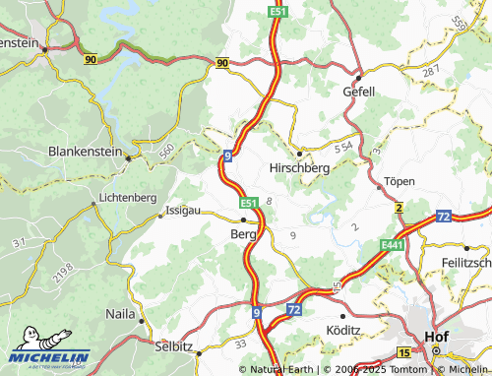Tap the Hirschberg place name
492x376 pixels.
(299, 167)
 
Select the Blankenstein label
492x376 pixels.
(92, 152)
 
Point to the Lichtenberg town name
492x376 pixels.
(128, 198)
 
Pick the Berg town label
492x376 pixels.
(242, 235)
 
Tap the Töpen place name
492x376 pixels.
(400, 182)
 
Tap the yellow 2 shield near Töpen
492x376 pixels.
(400, 209)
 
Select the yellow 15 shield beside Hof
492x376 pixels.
(404, 351)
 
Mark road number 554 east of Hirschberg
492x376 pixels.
(343, 147)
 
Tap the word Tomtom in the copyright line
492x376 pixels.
(411, 369)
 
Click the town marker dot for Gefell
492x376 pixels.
(359, 77)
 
